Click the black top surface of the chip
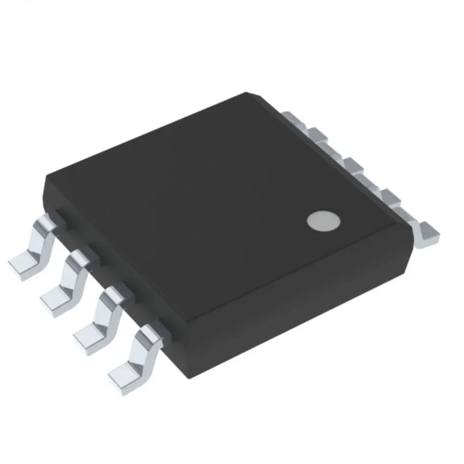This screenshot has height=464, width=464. tap(209, 195)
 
